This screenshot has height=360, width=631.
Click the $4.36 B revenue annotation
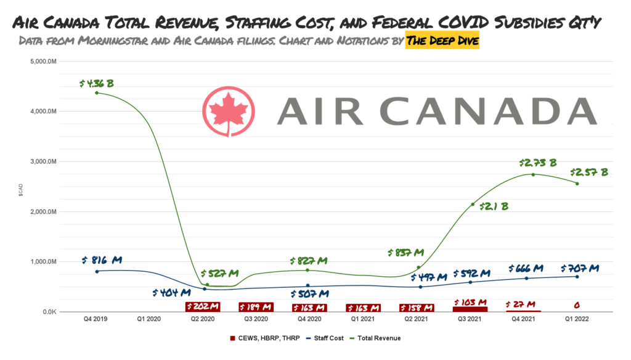pos(97,83)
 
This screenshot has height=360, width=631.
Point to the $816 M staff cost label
pos(101,260)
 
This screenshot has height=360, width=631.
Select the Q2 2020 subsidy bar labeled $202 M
pos(203,306)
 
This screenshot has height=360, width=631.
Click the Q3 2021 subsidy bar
pos(470,308)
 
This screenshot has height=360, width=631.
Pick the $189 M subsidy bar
pos(256,307)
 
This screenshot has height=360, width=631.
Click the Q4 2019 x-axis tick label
pos(96,319)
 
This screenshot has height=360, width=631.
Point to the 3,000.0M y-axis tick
pos(44,162)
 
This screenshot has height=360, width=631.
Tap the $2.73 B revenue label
pos(537,163)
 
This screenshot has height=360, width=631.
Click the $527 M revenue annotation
pos(219,273)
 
